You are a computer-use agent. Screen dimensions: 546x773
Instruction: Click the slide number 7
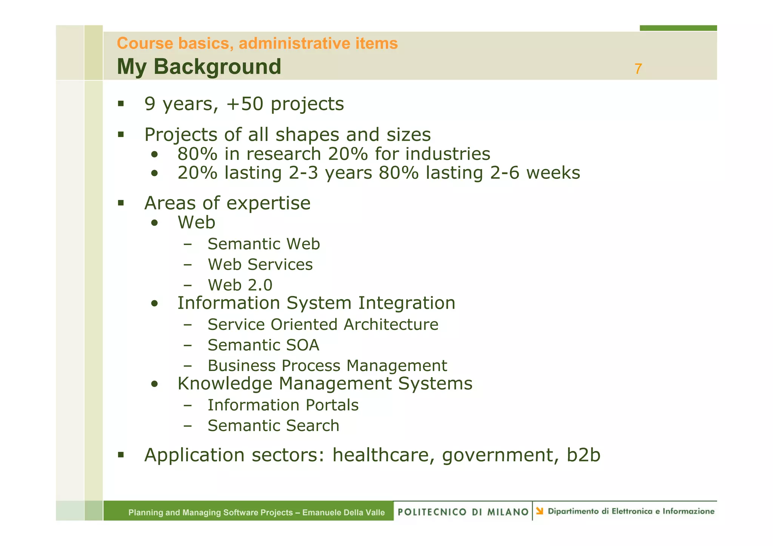click(x=638, y=69)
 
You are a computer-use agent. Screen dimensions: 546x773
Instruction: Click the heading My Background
click(x=199, y=67)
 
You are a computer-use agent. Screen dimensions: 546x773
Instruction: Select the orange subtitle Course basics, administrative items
click(x=257, y=43)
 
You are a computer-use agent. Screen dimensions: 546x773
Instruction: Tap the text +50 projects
click(x=285, y=104)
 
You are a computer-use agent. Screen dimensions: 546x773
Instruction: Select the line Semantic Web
click(x=263, y=244)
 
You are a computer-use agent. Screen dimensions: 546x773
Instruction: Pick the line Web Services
click(x=260, y=264)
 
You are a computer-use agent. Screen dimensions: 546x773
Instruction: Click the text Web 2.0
click(x=240, y=285)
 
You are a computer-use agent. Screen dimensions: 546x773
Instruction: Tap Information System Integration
click(x=316, y=303)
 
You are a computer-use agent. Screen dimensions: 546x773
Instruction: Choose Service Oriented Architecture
click(x=323, y=325)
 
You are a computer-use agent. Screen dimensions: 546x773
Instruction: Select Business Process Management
click(x=327, y=366)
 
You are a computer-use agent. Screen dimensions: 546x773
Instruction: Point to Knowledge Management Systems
click(x=325, y=383)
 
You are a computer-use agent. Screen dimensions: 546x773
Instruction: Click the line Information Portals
click(x=283, y=405)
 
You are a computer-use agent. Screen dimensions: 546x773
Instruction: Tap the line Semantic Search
click(x=273, y=426)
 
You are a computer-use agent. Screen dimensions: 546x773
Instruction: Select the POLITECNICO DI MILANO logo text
click(x=463, y=512)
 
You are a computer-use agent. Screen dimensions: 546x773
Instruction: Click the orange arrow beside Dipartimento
click(x=540, y=511)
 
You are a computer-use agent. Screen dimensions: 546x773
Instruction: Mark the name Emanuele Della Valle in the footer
click(x=343, y=512)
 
